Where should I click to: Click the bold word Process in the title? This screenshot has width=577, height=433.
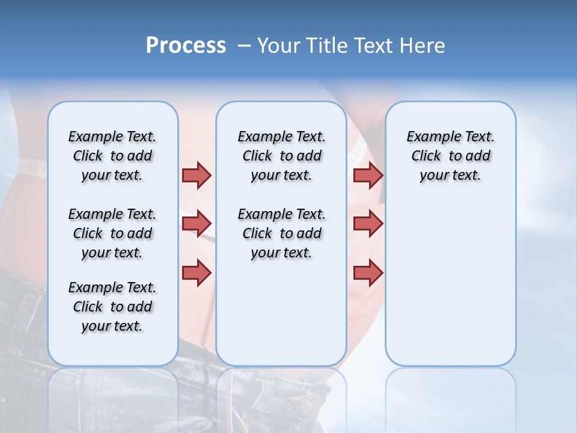coord(186,46)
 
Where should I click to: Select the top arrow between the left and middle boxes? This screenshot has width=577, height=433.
coord(197,175)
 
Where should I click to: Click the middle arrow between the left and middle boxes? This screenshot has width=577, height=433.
coord(197,224)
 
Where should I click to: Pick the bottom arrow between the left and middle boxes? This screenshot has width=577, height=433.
coord(197,272)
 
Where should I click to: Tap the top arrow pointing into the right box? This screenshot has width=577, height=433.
coord(368,175)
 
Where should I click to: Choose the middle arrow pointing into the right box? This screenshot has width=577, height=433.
coord(368,224)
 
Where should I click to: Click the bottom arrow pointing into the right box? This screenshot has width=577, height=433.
coord(368,272)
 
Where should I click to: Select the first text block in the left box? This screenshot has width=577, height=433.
coord(112,156)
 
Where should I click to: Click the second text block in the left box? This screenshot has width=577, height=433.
coord(112,233)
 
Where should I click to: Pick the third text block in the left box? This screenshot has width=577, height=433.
coord(112,307)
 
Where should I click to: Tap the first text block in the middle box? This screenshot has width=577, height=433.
coord(281,156)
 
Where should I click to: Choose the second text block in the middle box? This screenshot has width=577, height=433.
coord(281,233)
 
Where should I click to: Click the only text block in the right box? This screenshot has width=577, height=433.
coord(450,156)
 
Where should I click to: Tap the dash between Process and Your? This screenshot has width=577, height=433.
coord(244,46)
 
